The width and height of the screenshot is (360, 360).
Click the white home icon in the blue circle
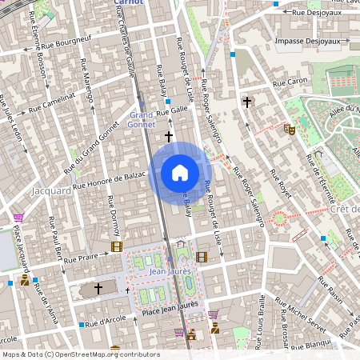click(180, 173)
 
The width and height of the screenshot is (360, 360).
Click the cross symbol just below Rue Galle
click(169, 137)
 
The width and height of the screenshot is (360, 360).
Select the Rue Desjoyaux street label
click(314, 13)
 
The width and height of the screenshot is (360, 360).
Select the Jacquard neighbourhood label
click(50, 192)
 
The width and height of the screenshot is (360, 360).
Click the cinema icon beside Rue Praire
click(118, 247)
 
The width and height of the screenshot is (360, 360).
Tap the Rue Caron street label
click(290, 82)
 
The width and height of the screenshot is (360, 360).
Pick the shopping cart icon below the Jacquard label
click(18, 216)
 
